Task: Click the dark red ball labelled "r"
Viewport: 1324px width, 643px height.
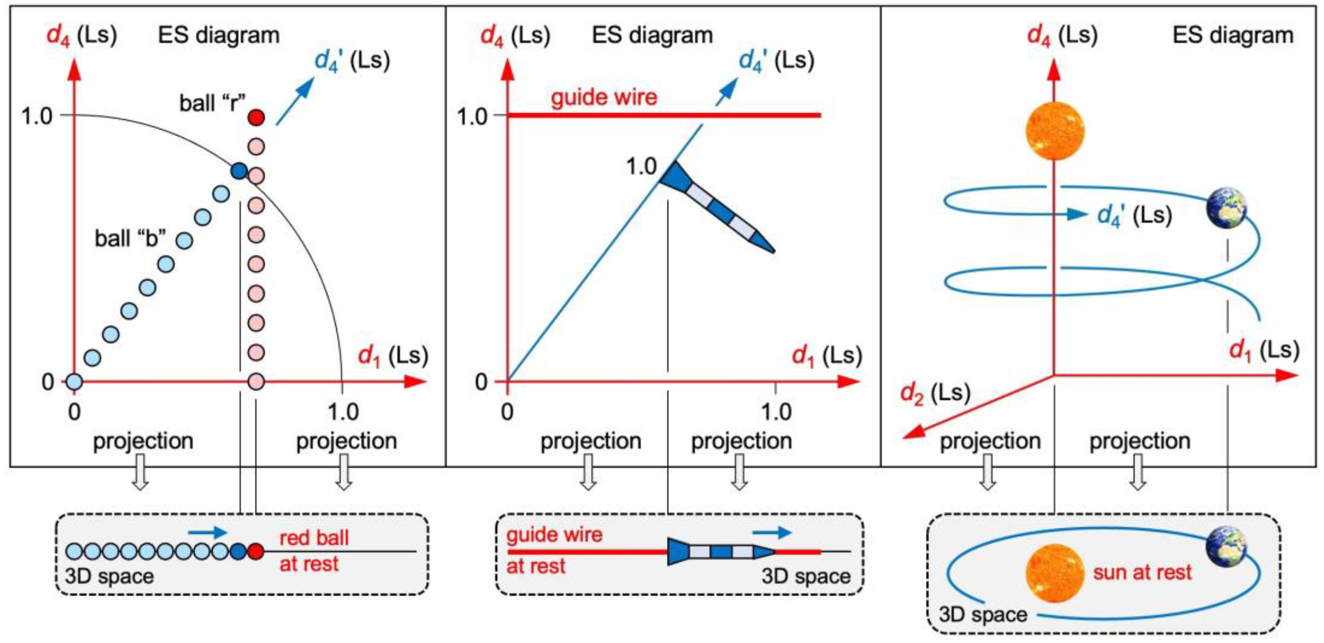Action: [x=256, y=118]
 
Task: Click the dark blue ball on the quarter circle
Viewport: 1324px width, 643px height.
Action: [x=239, y=171]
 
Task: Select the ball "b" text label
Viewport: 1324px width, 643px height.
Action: [x=130, y=239]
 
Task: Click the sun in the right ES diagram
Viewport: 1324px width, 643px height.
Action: [x=1055, y=131]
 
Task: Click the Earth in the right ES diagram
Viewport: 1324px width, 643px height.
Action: [x=1226, y=208]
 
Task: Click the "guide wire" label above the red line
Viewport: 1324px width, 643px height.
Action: [x=604, y=97]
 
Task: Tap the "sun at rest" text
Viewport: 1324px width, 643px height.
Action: [x=1142, y=572]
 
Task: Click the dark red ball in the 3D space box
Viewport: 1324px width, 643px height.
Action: [x=255, y=551]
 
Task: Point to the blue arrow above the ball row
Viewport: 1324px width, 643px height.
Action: [x=207, y=532]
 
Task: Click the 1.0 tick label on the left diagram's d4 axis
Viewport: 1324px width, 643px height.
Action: [x=37, y=116]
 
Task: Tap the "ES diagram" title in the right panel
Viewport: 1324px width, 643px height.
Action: [x=1232, y=35]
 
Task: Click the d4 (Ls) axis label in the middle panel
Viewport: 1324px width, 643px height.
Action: [x=515, y=35]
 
